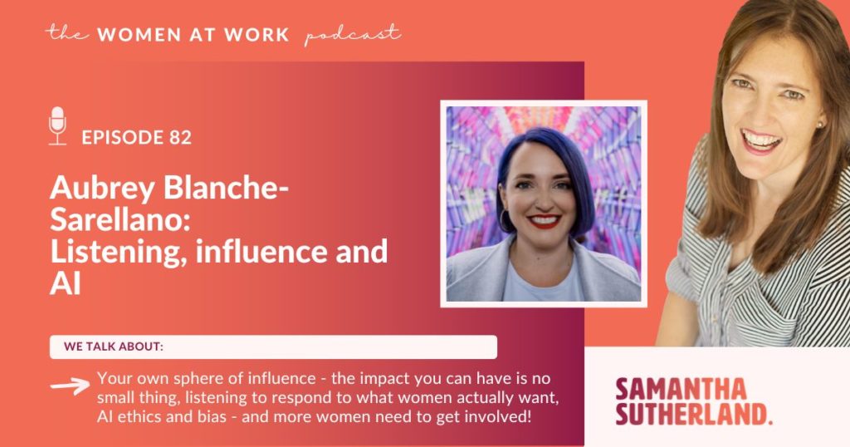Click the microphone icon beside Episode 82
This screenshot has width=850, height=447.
[x=57, y=125]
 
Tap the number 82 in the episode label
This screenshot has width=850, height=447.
[x=180, y=137]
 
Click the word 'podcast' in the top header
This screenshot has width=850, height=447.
[x=353, y=35]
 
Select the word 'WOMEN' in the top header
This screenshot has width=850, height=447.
[x=139, y=35]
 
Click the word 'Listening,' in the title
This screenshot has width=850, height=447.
[x=119, y=253]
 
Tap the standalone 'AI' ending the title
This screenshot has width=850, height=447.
[x=66, y=282]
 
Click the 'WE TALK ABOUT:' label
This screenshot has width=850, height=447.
[x=113, y=346]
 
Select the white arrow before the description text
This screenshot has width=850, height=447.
[x=71, y=386]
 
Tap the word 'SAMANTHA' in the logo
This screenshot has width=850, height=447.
[x=681, y=390]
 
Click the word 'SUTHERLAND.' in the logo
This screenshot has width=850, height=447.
[x=693, y=414]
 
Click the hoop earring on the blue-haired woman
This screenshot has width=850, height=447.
[x=505, y=220]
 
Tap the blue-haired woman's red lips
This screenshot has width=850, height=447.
[x=544, y=220]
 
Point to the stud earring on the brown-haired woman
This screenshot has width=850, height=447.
[x=819, y=125]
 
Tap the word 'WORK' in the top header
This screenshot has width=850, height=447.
[x=256, y=35]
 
